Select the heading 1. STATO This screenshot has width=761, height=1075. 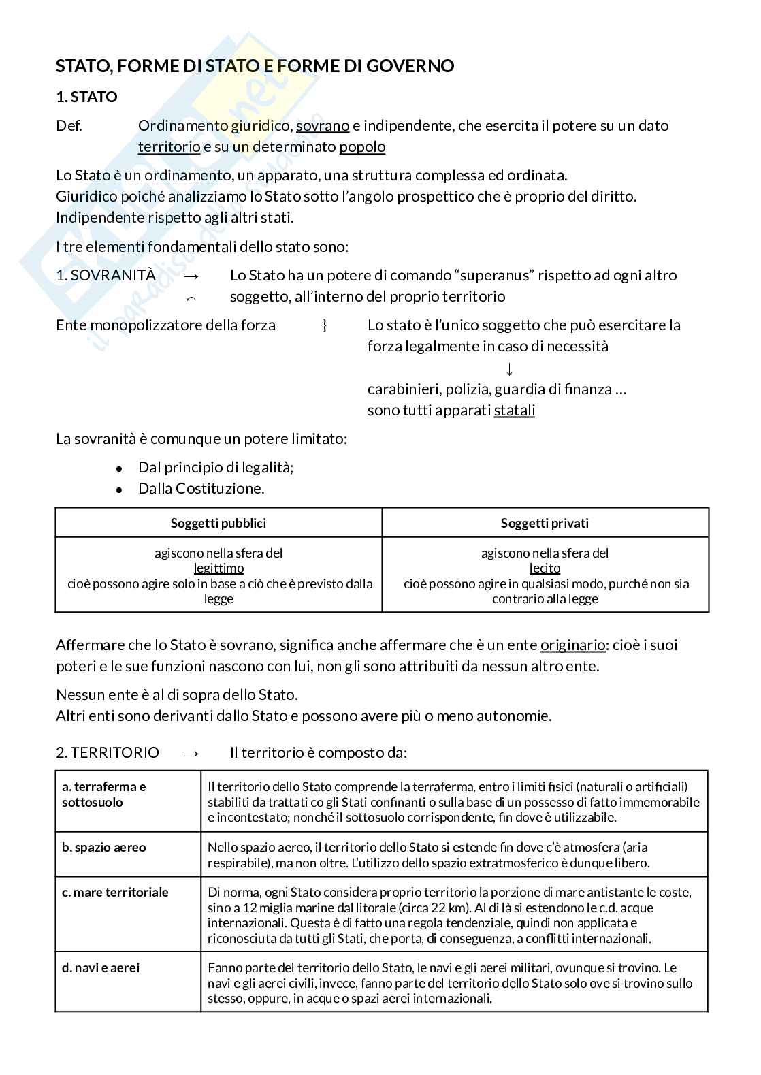86,97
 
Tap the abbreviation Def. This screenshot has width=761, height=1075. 69,126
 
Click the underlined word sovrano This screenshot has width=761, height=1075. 323,126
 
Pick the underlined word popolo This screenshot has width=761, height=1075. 362,147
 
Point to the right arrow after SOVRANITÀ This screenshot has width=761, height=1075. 192,276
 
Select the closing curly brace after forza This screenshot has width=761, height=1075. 325,325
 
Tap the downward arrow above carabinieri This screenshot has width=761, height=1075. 509,368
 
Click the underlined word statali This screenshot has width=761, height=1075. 514,411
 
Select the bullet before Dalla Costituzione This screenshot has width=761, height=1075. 119,490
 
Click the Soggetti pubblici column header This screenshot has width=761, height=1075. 218,524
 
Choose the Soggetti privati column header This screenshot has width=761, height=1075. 545,524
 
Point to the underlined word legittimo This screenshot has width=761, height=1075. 218,568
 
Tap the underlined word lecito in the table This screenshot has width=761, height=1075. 545,568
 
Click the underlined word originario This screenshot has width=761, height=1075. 572,645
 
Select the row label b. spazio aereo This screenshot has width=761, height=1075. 103,848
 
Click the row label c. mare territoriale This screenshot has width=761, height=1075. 115,893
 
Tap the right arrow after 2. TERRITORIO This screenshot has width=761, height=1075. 192,753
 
